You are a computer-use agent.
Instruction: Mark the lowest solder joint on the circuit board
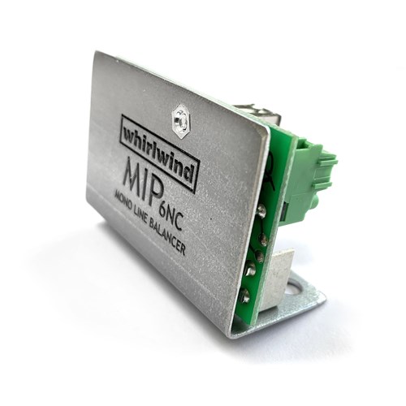point(245,296)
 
